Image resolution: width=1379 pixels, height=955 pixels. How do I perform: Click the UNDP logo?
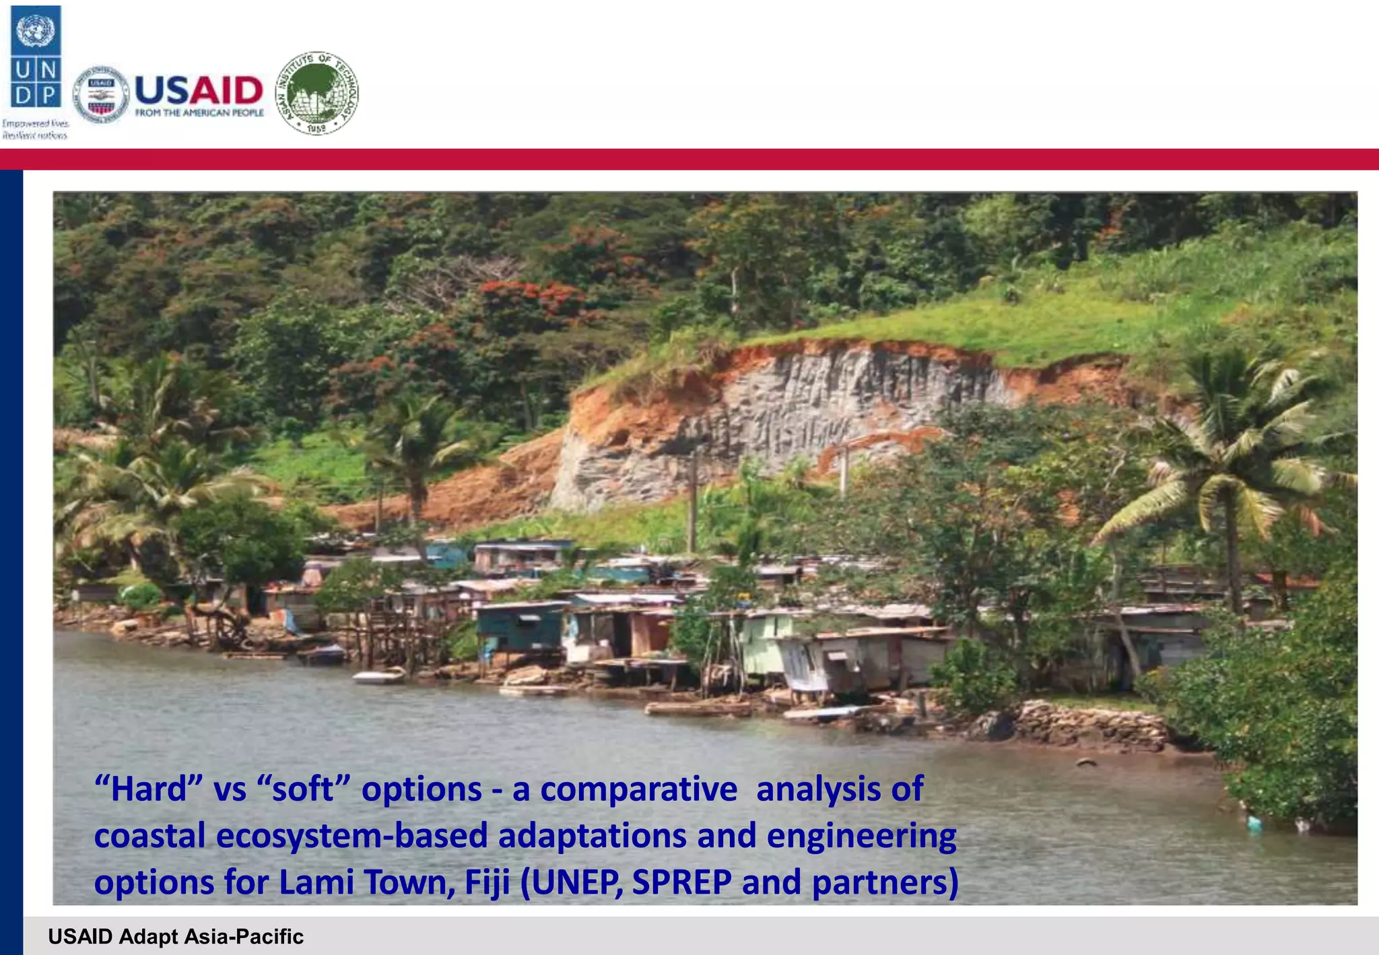click(x=36, y=57)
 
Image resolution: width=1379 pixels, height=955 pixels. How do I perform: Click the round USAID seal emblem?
click(x=101, y=95)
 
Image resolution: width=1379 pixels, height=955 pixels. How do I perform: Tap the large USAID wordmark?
click(x=199, y=90)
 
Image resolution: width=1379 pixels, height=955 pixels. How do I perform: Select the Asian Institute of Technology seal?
click(x=317, y=93)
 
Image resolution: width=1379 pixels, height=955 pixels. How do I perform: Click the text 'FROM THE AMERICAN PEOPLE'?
click(x=199, y=113)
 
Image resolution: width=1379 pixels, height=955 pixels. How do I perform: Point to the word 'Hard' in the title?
click(x=149, y=789)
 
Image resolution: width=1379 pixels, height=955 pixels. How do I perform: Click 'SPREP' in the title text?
click(x=681, y=882)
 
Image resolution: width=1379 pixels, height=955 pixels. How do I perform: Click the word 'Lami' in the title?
click(x=312, y=882)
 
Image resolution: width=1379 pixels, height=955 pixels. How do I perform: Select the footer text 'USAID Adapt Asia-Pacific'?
click(x=176, y=937)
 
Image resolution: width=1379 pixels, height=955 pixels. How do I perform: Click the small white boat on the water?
click(x=378, y=677)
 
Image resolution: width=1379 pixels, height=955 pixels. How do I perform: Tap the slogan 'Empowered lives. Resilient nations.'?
click(x=35, y=129)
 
